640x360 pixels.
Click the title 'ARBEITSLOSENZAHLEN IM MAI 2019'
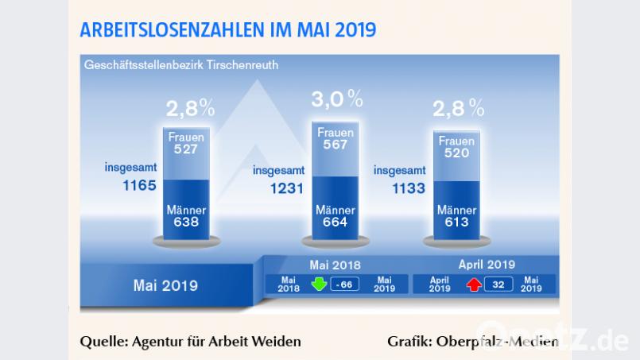(x=228, y=30)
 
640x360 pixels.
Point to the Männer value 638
(x=187, y=223)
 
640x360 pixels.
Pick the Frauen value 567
(x=336, y=145)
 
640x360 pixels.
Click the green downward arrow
(x=319, y=283)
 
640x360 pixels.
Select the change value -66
(x=346, y=284)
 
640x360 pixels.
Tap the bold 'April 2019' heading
(x=487, y=264)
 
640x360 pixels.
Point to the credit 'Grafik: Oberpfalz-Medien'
(x=472, y=342)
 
